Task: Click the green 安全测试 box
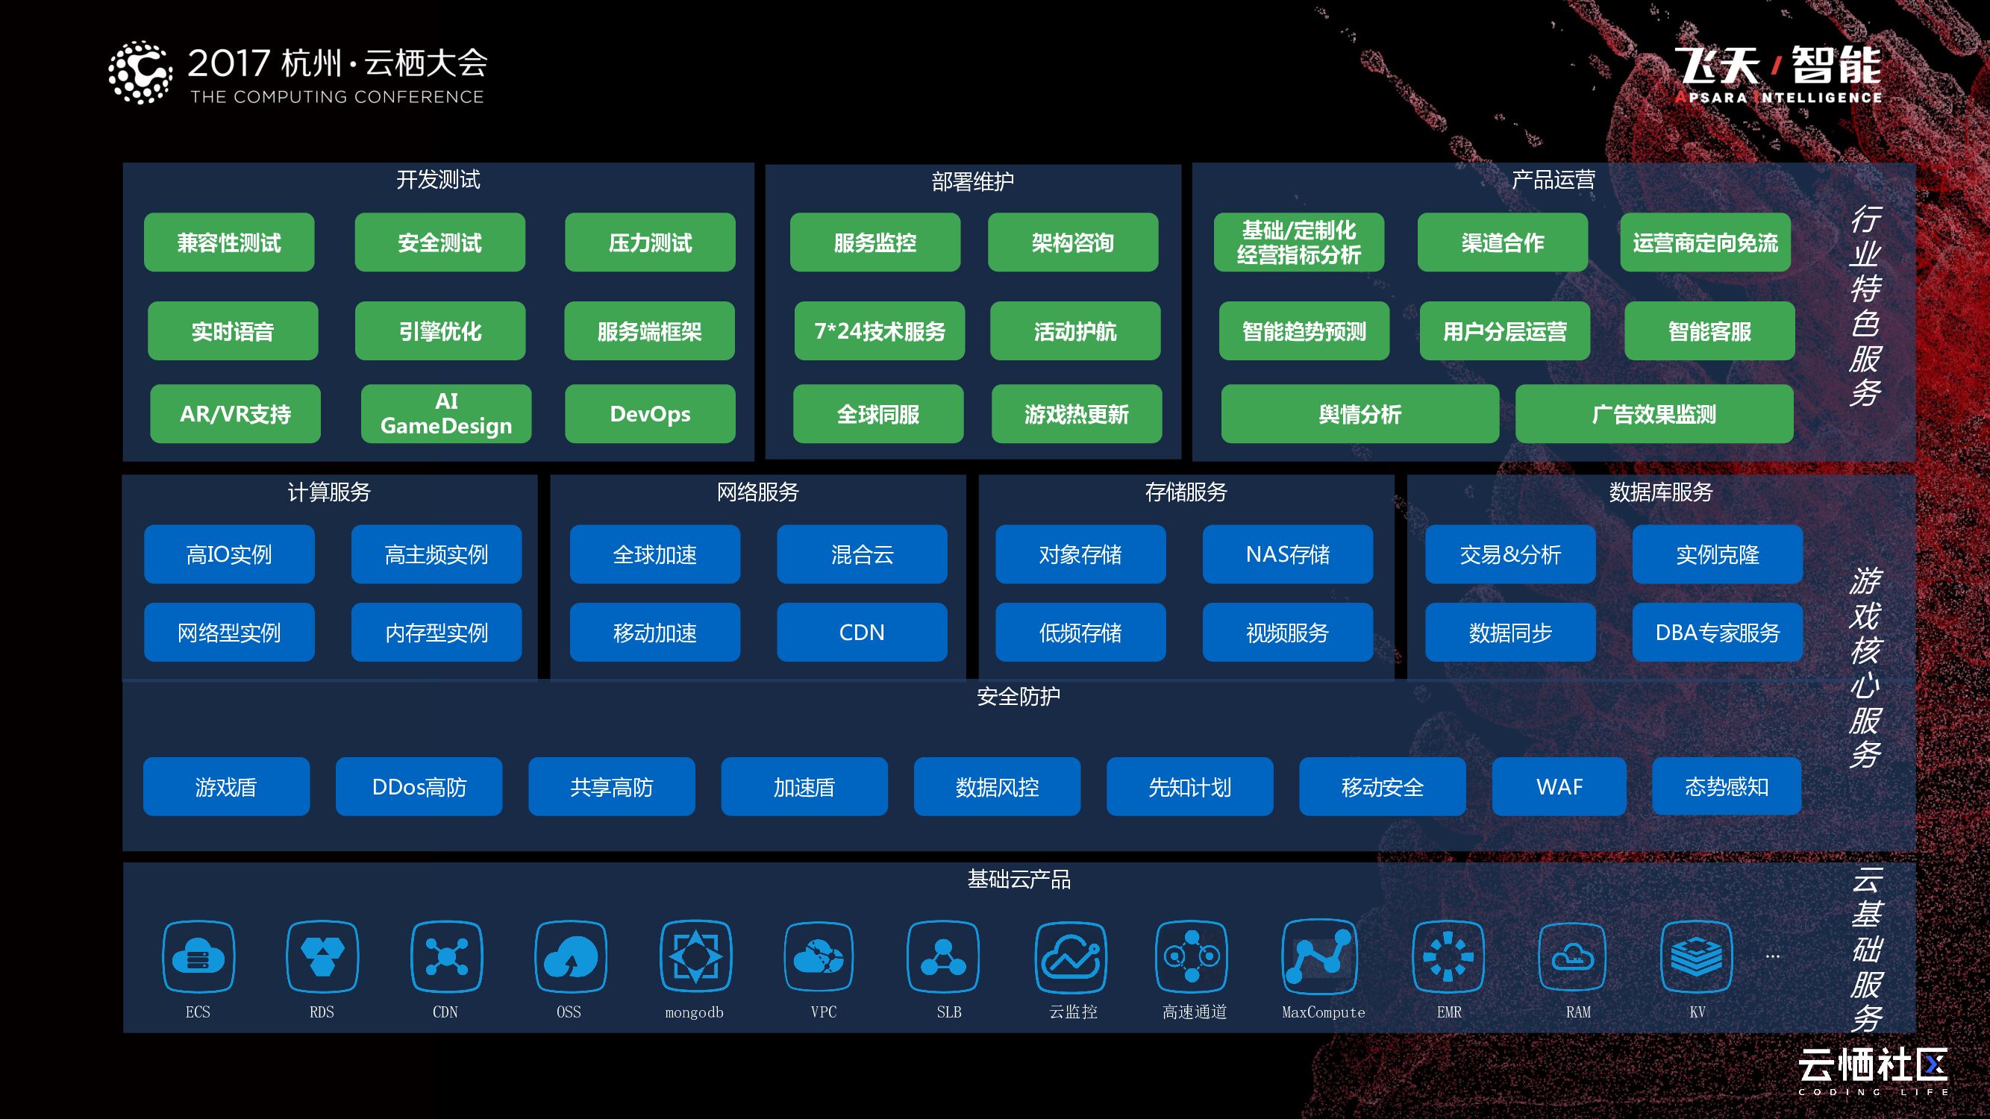pyautogui.click(x=439, y=242)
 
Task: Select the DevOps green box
pyautogui.click(x=650, y=414)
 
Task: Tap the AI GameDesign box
pyautogui.click(x=445, y=414)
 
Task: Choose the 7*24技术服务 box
pyautogui.click(x=879, y=331)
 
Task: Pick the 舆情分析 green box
pyautogui.click(x=1359, y=414)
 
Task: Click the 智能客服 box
pyautogui.click(x=1709, y=331)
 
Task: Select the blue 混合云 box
pyautogui.click(x=861, y=554)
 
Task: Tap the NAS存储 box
pyautogui.click(x=1287, y=554)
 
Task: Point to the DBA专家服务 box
pyautogui.click(x=1716, y=633)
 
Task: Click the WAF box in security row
pyautogui.click(x=1559, y=787)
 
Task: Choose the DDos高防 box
pyautogui.click(x=419, y=787)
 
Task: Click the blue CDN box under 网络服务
pyautogui.click(x=861, y=633)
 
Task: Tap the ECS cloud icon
pyautogui.click(x=198, y=957)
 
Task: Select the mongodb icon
pyautogui.click(x=695, y=957)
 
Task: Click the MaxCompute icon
pyautogui.click(x=1318, y=957)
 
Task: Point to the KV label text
pyautogui.click(x=1697, y=1012)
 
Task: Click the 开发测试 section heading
pyautogui.click(x=438, y=180)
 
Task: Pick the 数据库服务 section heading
pyautogui.click(x=1660, y=492)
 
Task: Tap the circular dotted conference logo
pyautogui.click(x=140, y=72)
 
